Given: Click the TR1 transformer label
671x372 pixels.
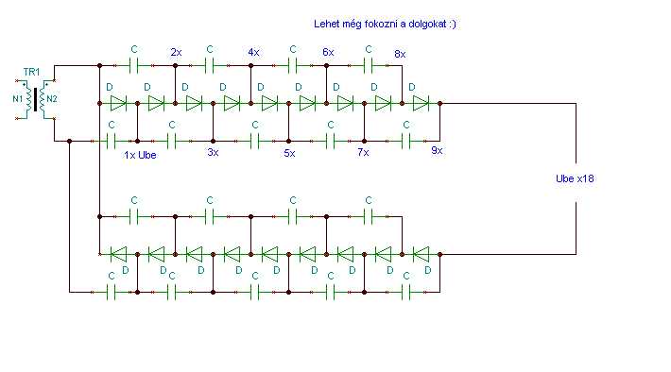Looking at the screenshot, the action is coord(31,72).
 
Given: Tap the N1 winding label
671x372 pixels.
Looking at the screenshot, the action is coord(18,99).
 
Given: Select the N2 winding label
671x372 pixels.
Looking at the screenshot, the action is coord(52,99).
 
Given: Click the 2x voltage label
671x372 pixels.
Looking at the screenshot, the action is coord(176,52).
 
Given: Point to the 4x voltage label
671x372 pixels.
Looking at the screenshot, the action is coord(254,52).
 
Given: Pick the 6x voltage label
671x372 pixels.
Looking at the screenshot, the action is coord(328,52).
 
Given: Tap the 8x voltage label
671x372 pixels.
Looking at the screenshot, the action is coord(400,54).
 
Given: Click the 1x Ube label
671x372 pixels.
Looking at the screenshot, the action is coord(140,155).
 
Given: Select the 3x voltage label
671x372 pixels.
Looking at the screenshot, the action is coord(213,152).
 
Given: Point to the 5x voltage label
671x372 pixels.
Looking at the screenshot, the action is coord(290,153).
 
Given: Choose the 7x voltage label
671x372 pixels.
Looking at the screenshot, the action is coord(363,152).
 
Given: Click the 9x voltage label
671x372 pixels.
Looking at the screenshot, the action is coord(437,150).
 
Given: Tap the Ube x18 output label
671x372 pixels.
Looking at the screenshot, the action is coord(575,178).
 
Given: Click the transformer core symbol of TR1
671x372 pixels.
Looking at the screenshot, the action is coord(35,100).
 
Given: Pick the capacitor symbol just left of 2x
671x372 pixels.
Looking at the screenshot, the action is coord(133,66).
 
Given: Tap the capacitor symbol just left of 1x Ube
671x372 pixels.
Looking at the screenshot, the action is coord(112,141).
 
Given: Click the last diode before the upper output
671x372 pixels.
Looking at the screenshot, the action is coord(421,104).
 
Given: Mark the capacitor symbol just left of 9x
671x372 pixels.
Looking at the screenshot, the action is coord(406,141).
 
